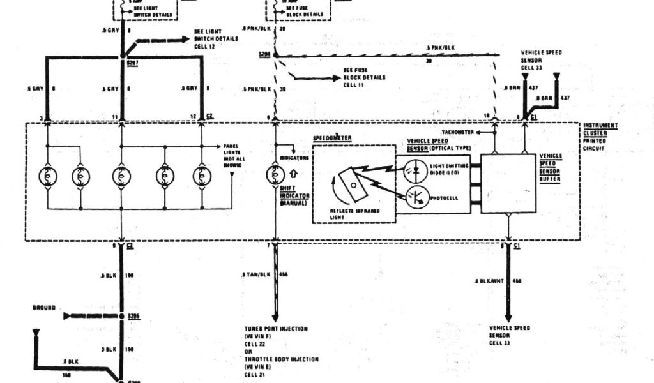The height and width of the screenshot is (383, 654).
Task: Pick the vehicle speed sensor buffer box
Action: [508, 183]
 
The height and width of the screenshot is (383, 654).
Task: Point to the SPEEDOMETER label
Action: [332, 137]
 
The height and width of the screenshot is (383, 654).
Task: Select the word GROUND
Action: [45, 307]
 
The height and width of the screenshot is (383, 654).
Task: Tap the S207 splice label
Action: [132, 64]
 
